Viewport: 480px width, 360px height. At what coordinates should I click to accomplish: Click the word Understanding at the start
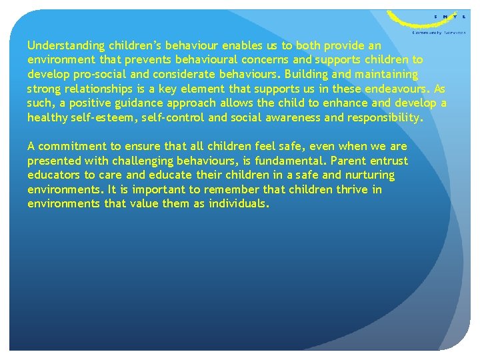click(66, 46)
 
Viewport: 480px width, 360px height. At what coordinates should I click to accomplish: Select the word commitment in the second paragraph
click(71, 146)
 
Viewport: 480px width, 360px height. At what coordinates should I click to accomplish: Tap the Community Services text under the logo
click(439, 31)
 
